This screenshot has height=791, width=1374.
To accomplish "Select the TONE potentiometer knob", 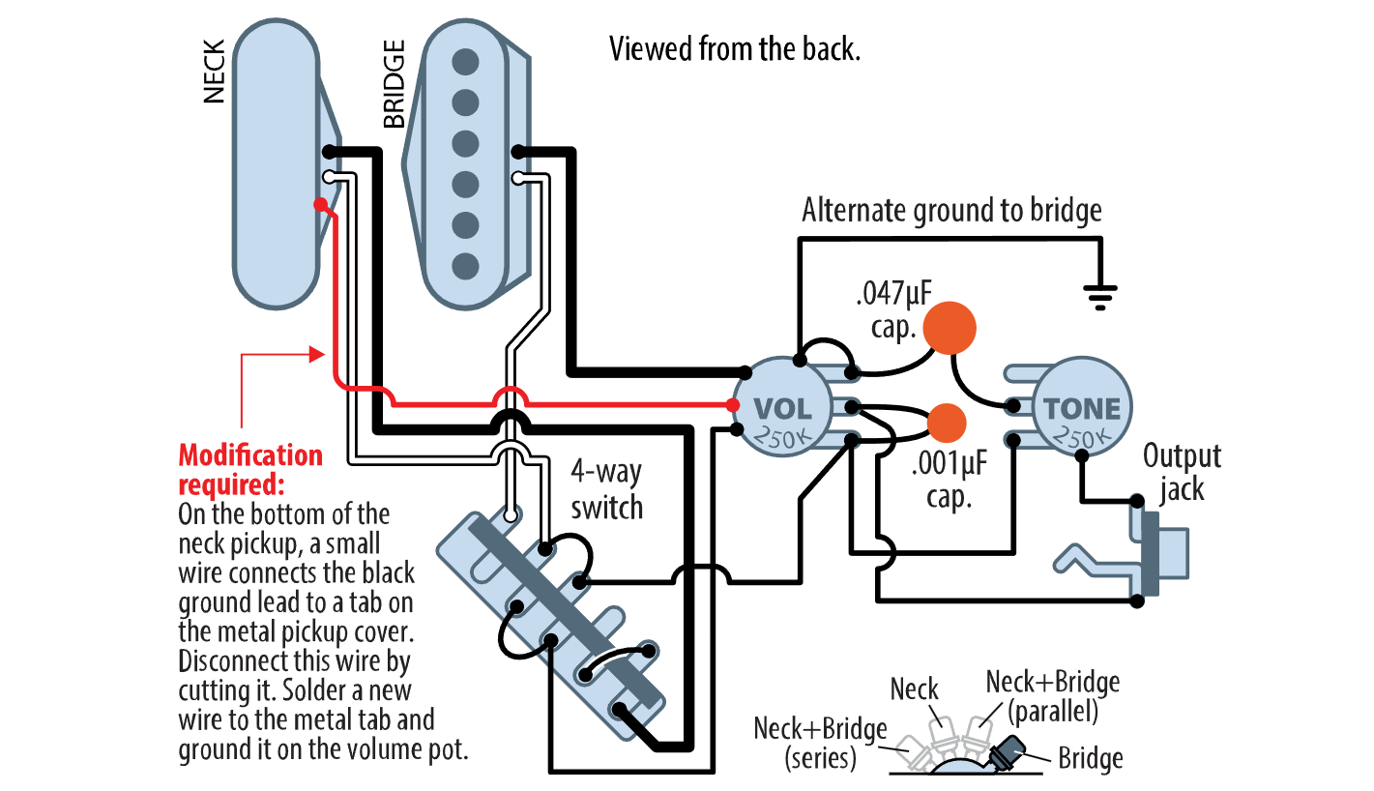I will tap(1081, 408).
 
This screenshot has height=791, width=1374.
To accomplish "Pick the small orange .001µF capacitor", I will tap(947, 423).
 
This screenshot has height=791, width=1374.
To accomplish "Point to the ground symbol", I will tap(1099, 294).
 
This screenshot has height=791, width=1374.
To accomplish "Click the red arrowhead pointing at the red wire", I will tap(315, 355).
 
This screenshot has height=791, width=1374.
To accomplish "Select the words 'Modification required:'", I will tap(250, 468).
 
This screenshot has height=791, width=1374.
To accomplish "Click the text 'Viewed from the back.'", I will tap(734, 48).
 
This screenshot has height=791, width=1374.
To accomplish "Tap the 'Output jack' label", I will tap(1182, 472).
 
